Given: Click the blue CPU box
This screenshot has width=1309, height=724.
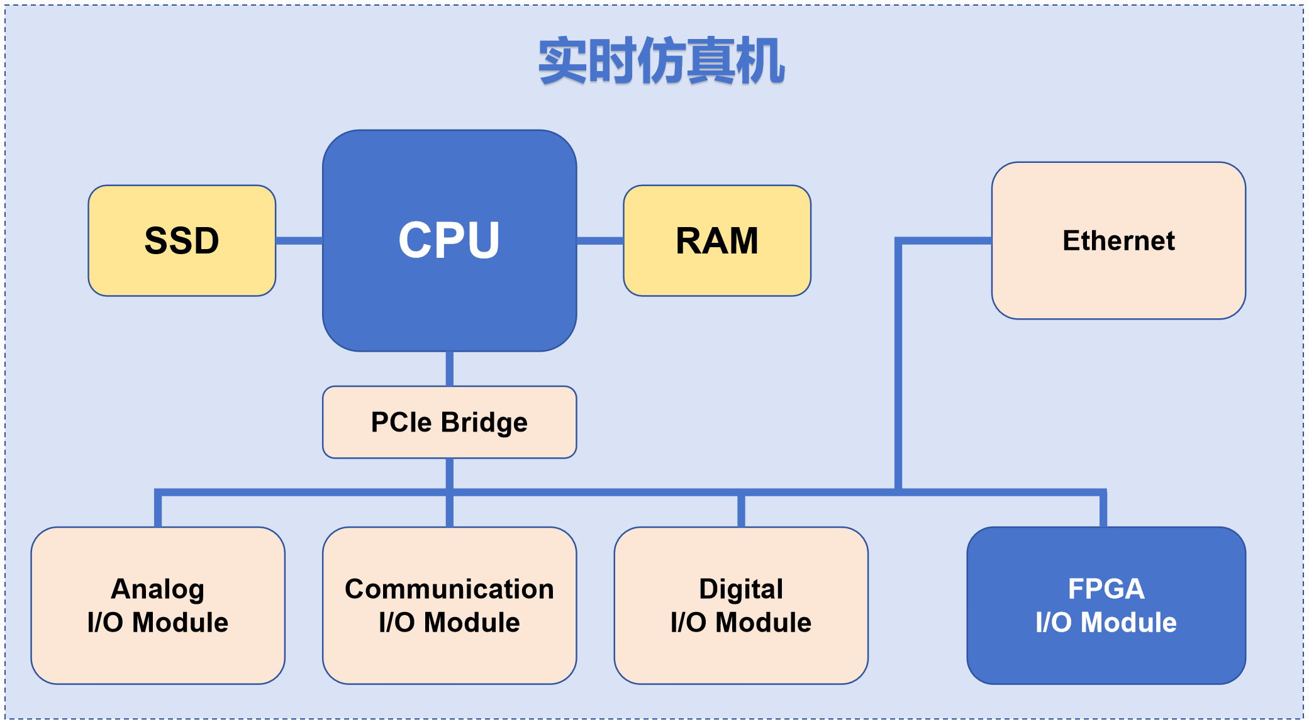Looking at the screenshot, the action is click(449, 240).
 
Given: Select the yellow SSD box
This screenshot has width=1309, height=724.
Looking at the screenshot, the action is click(182, 240).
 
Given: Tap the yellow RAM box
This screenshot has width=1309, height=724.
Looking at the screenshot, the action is click(717, 240).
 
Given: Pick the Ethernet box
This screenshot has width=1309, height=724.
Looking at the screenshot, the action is click(1118, 240).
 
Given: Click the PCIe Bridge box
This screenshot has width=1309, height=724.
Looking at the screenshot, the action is click(449, 422).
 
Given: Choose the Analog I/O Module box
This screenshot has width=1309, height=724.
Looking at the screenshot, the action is click(158, 605).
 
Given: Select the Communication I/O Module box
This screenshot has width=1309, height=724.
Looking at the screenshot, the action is click(449, 605).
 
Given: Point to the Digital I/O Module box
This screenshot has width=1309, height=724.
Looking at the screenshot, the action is click(741, 605).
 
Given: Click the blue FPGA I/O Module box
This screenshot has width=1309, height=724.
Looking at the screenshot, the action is click(1106, 605).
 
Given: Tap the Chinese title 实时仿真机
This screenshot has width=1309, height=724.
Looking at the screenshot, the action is click(661, 61).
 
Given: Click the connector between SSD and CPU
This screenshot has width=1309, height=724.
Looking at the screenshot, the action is click(299, 240).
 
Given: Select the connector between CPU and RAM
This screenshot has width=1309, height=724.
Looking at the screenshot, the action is click(600, 240).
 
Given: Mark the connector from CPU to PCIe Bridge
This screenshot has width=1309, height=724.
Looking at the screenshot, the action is click(449, 369).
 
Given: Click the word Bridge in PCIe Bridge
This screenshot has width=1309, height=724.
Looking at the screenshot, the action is click(484, 423).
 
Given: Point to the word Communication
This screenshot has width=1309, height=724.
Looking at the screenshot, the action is click(449, 589).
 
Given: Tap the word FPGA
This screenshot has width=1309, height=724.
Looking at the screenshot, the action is click(1106, 589).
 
